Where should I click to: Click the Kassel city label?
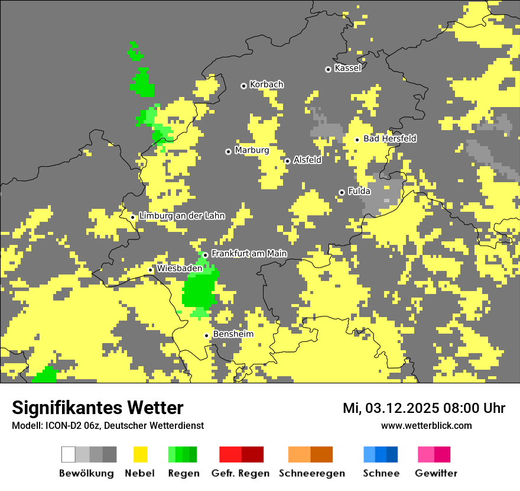[347, 68]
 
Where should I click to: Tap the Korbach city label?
[266, 85]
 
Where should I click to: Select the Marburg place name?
[252, 150]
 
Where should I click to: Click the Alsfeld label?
[307, 160]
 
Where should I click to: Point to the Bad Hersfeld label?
[389, 138]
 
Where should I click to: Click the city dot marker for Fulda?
[342, 192]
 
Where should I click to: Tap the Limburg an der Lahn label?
[181, 216]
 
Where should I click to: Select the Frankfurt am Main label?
[249, 254]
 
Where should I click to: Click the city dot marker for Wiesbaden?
[151, 270]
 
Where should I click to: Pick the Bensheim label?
[233, 334]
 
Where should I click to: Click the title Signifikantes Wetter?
[97, 408]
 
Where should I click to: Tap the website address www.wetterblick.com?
[426, 425]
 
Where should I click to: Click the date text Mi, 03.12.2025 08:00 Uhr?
[424, 408]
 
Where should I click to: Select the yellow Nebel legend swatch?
[140, 454]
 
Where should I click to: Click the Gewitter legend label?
[436, 473]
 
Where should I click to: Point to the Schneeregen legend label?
[312, 473]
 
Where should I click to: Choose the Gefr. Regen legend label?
[240, 473]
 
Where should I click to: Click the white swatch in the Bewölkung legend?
[68, 454]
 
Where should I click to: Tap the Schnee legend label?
[381, 473]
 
